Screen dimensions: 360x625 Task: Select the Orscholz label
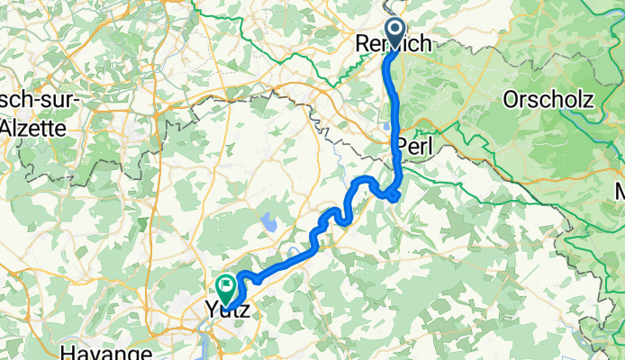pos(549,99)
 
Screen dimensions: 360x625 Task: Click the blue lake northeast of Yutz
pos(267,219)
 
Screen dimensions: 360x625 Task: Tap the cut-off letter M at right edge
pos(620,192)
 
